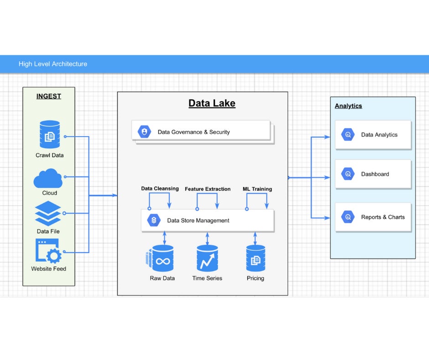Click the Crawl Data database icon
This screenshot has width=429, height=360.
tap(49, 134)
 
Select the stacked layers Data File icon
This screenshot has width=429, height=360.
tap(48, 213)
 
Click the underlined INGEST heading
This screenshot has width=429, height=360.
tap(49, 96)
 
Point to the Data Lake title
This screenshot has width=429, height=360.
tap(212, 103)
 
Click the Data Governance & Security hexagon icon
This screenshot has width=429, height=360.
tap(145, 132)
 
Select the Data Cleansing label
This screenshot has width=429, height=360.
tap(160, 188)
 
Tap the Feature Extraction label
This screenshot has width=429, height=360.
tap(208, 189)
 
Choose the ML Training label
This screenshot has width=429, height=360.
tap(257, 189)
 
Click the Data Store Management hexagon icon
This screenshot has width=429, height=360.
tap(154, 220)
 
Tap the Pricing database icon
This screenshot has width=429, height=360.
tap(256, 259)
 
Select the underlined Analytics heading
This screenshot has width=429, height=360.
tap(348, 106)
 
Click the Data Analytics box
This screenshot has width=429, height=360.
tap(373, 135)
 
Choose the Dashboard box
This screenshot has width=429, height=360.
tap(373, 174)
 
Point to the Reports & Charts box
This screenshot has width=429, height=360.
tap(373, 217)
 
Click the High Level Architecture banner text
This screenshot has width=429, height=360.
tap(53, 64)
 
